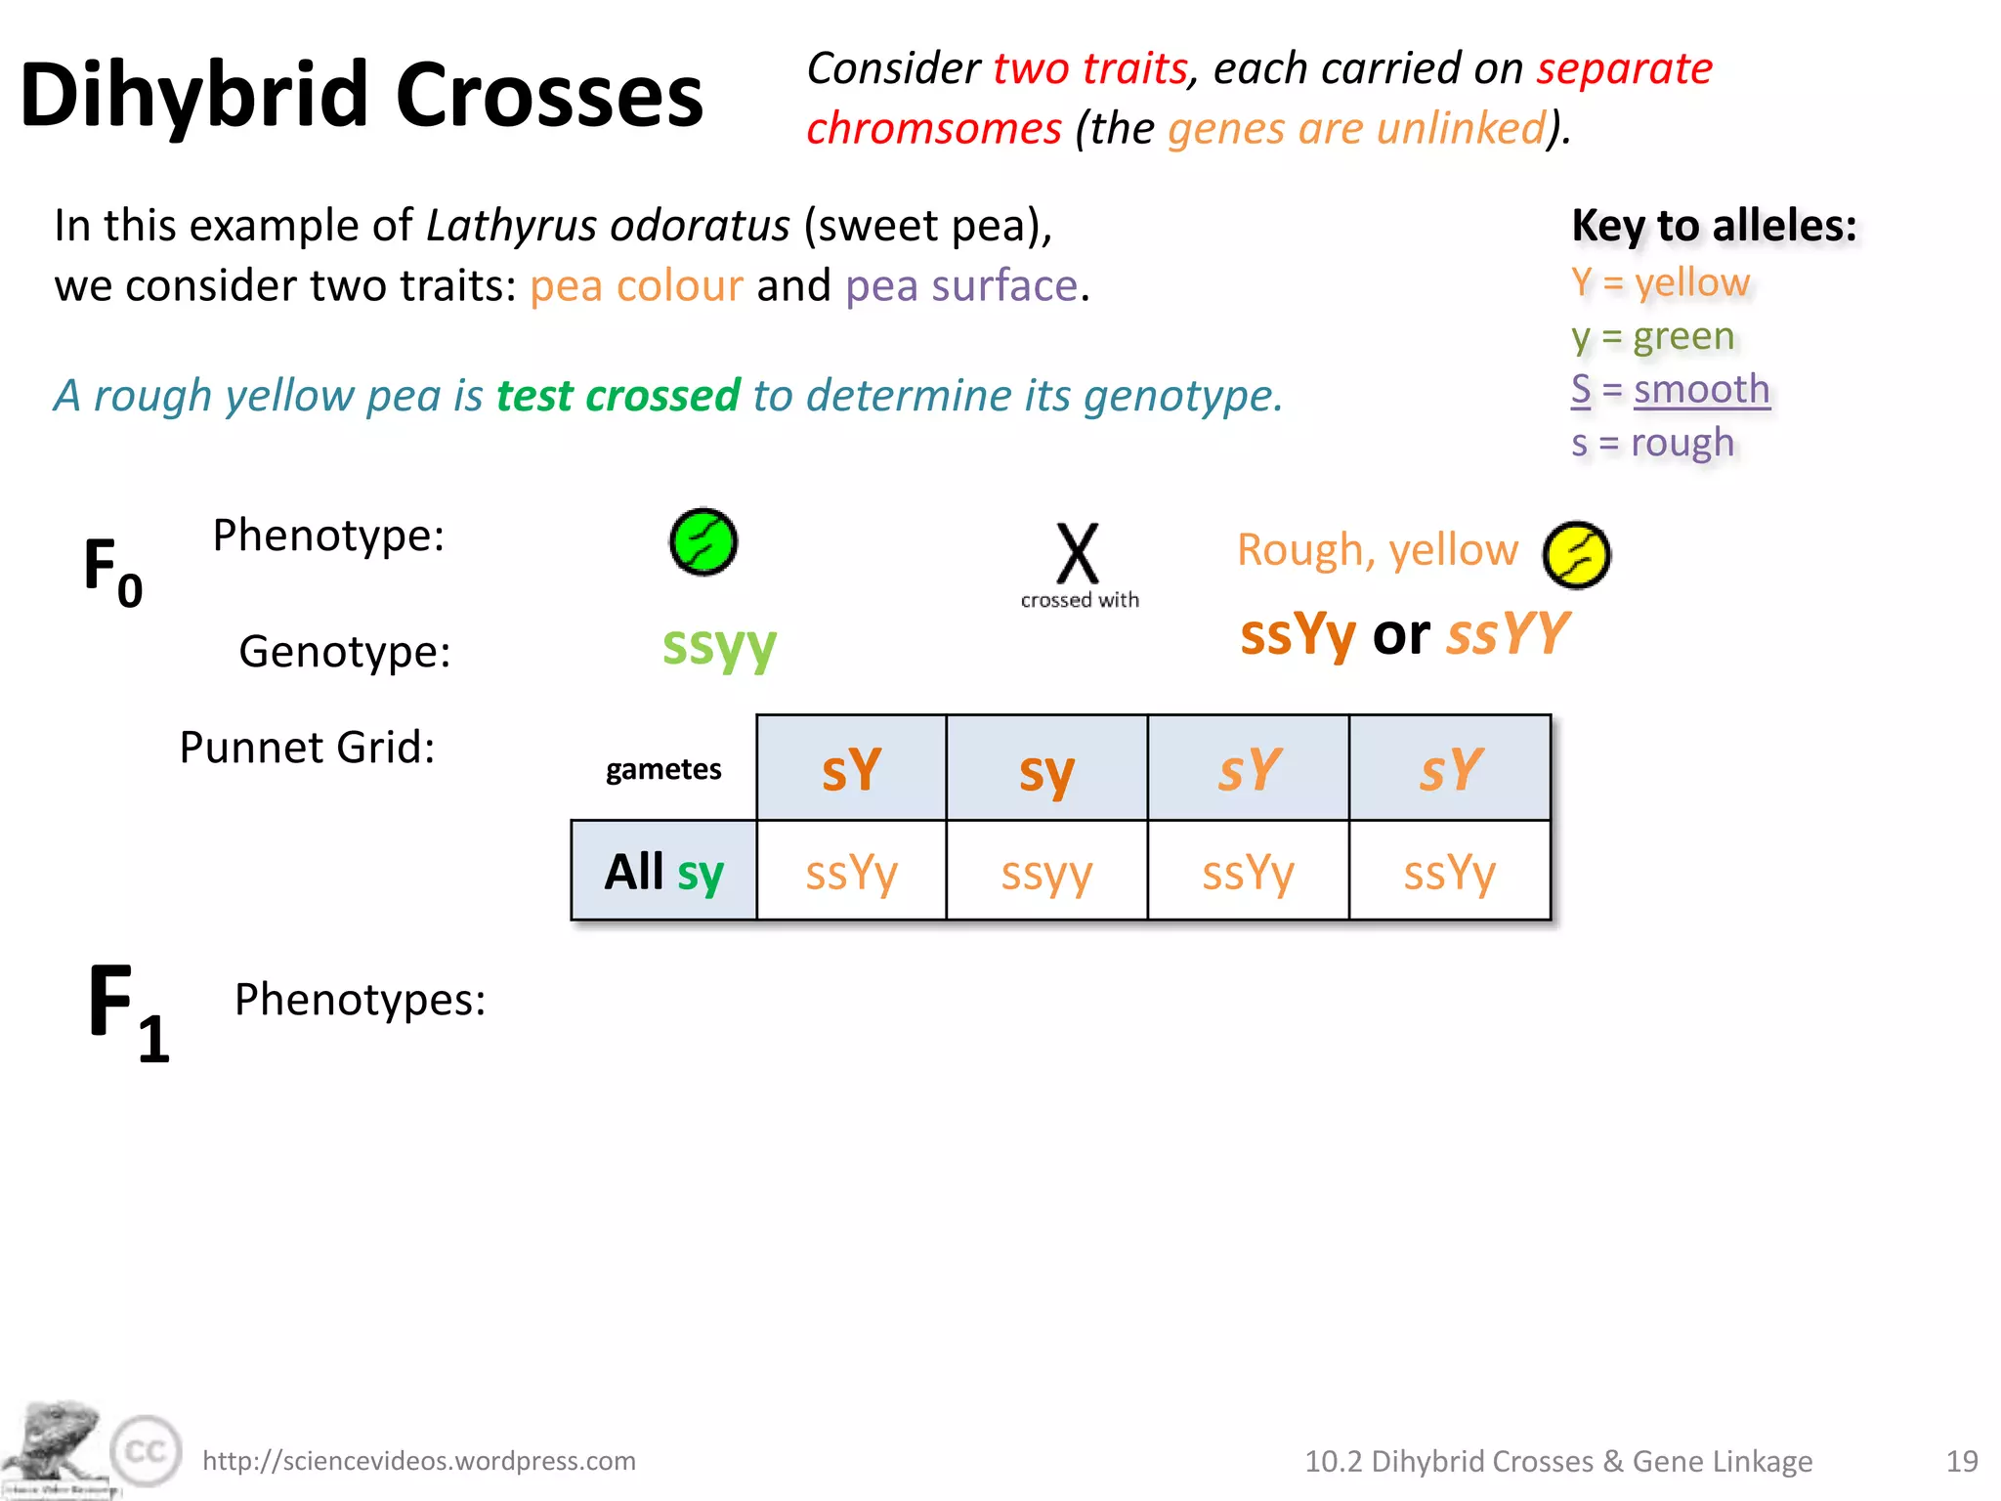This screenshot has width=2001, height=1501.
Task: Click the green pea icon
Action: [x=702, y=542]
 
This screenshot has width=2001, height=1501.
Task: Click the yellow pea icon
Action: [x=1576, y=555]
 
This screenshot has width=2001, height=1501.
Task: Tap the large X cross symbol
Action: [x=1078, y=553]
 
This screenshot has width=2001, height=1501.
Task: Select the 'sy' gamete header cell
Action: [x=1046, y=770]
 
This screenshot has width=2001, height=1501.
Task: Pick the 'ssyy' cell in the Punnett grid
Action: [x=1046, y=872]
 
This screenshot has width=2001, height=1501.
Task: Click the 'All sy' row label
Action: [x=663, y=872]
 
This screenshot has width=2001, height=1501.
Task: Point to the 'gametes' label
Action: [x=663, y=770]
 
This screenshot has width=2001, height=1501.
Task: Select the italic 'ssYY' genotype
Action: [x=1508, y=634]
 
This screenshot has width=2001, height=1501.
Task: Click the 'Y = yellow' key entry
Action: [x=1660, y=283]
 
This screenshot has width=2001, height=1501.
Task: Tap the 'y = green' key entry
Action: [x=1652, y=337]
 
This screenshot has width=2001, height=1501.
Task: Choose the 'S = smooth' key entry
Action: [x=1670, y=390]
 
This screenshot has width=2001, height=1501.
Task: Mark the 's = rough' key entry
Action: [x=1652, y=444]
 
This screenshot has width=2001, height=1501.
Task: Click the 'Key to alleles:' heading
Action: [x=1714, y=226]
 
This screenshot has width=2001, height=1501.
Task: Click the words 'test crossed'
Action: [x=617, y=396]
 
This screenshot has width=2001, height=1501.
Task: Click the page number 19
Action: [x=1961, y=1461]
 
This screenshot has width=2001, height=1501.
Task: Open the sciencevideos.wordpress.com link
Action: [x=419, y=1461]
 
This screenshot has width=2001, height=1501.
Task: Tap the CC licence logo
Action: [x=147, y=1451]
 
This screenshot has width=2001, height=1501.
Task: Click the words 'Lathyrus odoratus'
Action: [x=608, y=226]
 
